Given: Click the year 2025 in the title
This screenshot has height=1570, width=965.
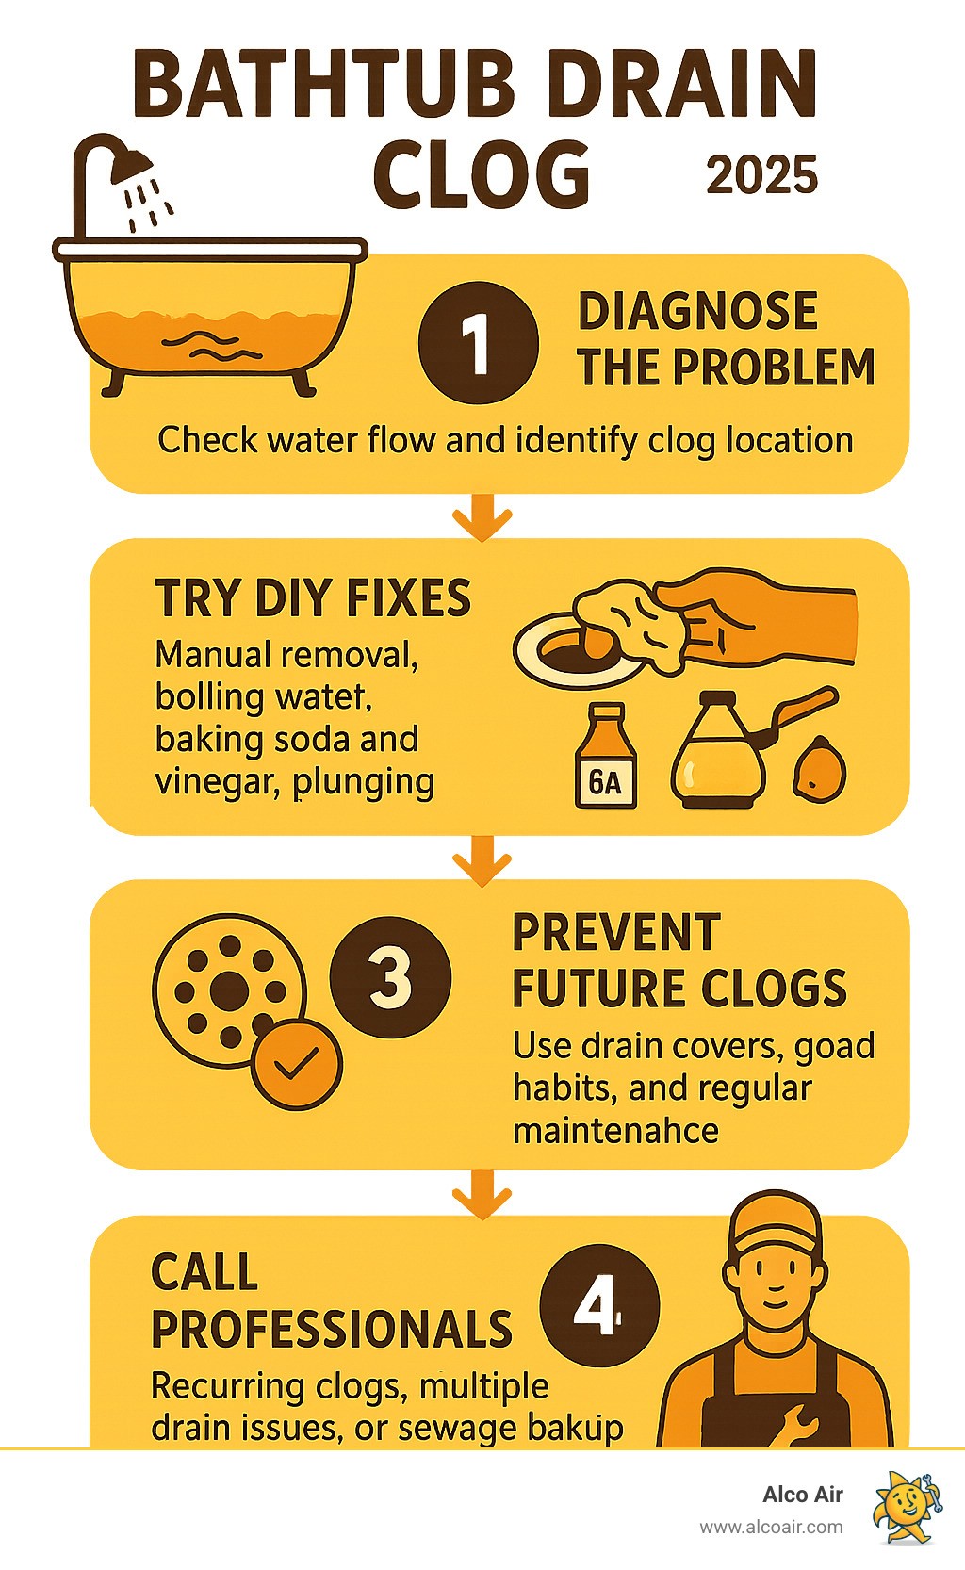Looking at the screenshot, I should click(x=761, y=175).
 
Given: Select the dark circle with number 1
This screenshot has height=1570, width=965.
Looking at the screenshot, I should click(x=478, y=343).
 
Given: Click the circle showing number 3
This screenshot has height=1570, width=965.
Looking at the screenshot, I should click(x=390, y=977).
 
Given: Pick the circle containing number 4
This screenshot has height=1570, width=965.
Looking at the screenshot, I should click(x=598, y=1305).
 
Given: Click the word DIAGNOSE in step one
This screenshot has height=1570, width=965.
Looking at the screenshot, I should click(x=697, y=312).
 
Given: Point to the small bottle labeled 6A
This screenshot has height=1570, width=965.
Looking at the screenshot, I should click(x=606, y=759).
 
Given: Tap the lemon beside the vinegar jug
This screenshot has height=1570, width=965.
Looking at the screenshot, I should click(x=819, y=771).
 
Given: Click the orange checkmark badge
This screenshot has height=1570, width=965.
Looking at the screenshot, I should click(x=297, y=1064).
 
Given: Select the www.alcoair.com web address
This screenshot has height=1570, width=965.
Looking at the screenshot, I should click(x=771, y=1528).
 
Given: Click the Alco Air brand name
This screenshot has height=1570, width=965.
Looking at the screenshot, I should click(x=802, y=1495).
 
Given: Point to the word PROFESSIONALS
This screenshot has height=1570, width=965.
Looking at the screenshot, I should click(x=331, y=1330).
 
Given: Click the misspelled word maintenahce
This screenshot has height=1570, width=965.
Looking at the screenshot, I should click(x=615, y=1130).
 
